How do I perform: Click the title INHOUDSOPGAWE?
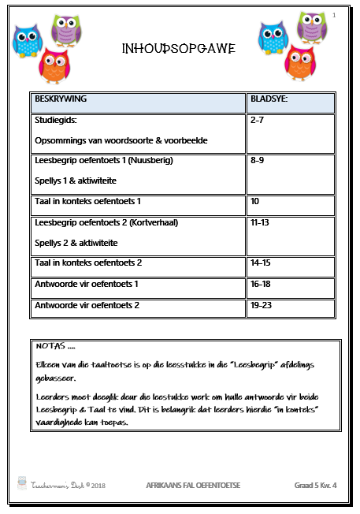(179, 50)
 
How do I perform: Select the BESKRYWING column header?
(59, 99)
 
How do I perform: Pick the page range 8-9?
(257, 160)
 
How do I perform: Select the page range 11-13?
(259, 222)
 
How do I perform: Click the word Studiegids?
(55, 120)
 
